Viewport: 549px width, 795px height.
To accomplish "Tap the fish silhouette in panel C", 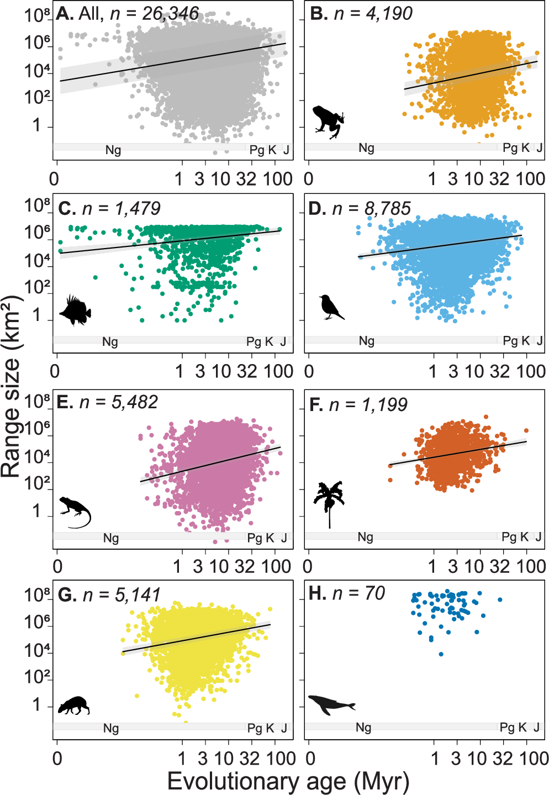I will [75, 310].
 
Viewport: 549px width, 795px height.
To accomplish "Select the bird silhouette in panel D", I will [330, 307].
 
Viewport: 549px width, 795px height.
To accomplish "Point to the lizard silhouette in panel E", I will [75, 510].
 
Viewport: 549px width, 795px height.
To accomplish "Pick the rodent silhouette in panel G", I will [73, 706].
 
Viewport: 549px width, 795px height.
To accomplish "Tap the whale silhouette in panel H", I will [331, 704].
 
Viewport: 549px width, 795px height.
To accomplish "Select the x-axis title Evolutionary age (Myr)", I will [288, 781].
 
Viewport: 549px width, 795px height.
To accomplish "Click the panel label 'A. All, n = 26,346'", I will [127, 13].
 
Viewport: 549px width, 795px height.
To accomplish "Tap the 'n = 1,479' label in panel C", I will [121, 208].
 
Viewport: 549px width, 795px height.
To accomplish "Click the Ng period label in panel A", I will [113, 150].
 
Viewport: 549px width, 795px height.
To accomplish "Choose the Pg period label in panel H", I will [507, 727].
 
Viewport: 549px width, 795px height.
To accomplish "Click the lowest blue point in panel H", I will [441, 654].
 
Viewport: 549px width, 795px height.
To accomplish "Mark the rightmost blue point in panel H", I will [500, 599].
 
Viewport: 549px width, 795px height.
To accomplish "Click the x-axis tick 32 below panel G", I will [249, 758].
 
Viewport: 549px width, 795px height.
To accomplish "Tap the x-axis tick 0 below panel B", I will [309, 178].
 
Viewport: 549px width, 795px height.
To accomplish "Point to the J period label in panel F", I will [539, 536].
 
